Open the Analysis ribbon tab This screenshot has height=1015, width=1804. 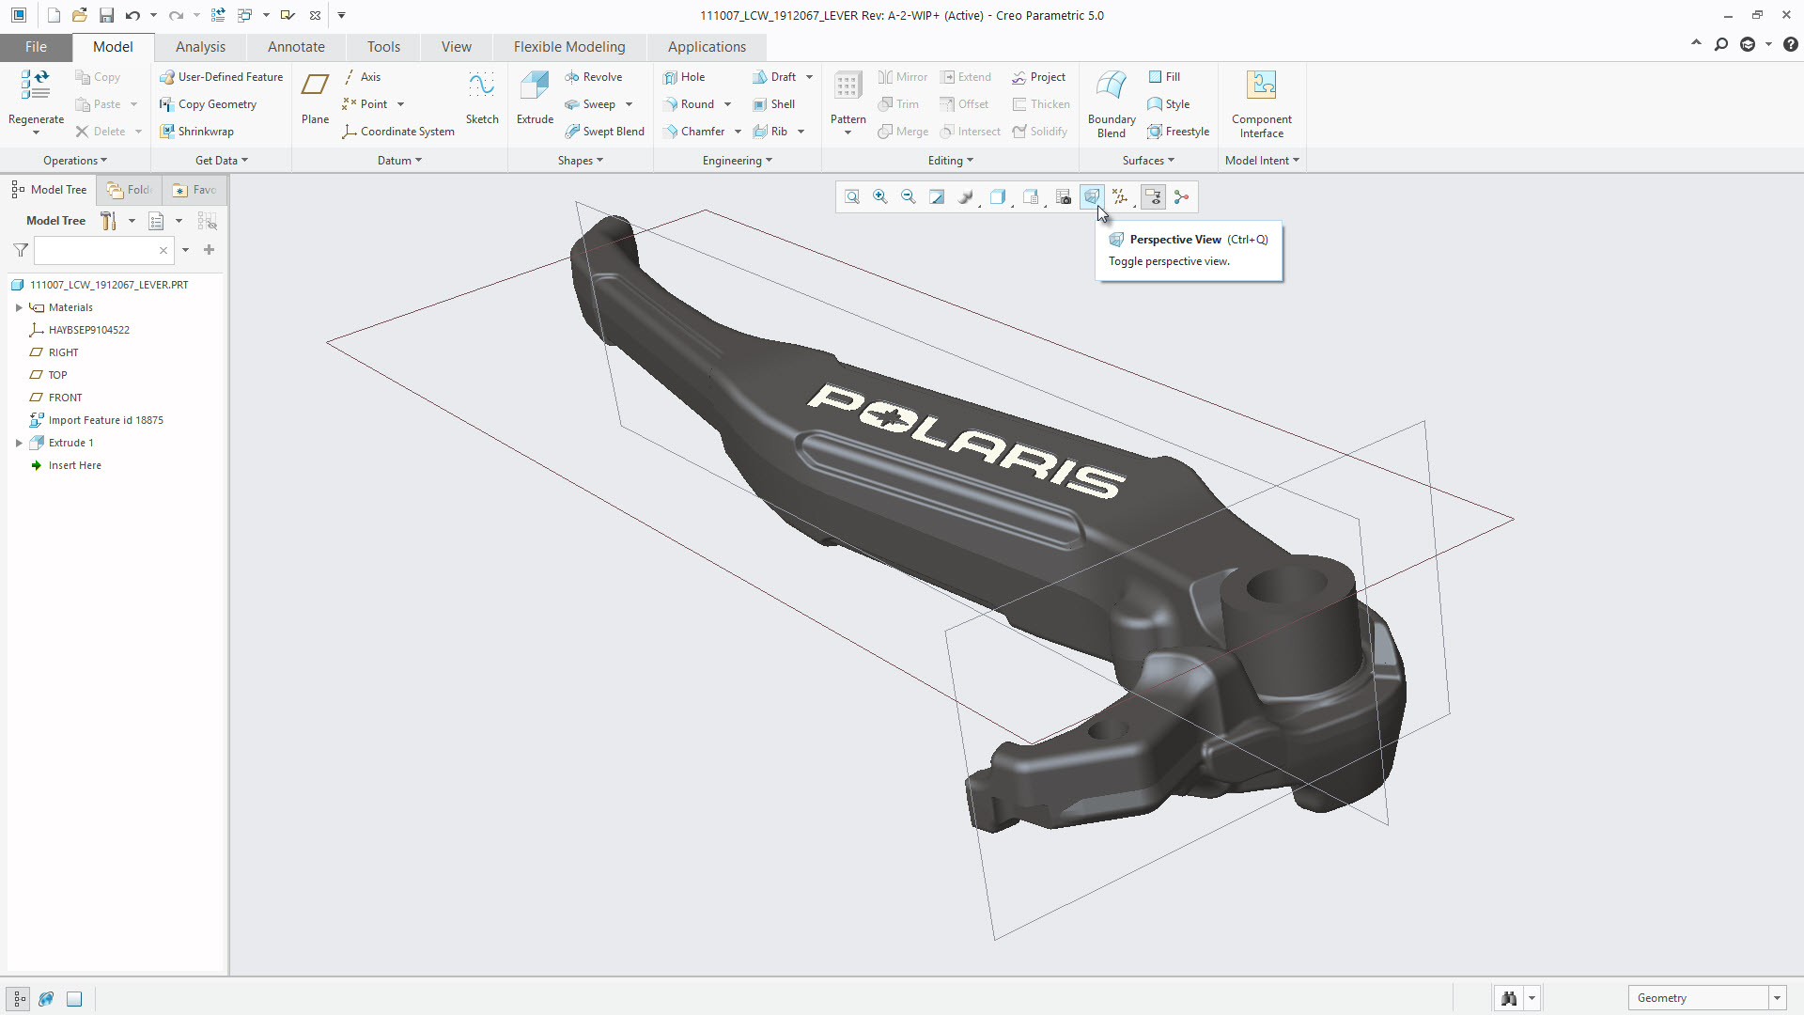pyautogui.click(x=200, y=47)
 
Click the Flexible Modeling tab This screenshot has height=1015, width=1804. pyautogui.click(x=568, y=47)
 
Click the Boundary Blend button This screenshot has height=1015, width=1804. pyautogui.click(x=1112, y=103)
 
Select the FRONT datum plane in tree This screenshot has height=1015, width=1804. pyautogui.click(x=65, y=398)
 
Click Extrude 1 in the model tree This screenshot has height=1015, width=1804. pyautogui.click(x=70, y=443)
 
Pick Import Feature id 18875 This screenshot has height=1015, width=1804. pyautogui.click(x=105, y=420)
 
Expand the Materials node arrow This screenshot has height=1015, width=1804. pyautogui.click(x=19, y=307)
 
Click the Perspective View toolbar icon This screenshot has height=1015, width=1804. pyautogui.click(x=1091, y=196)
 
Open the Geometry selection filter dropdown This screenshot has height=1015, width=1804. pyautogui.click(x=1777, y=998)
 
